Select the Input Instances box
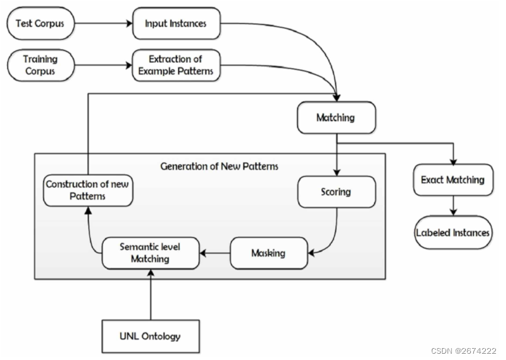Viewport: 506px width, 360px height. [x=176, y=25]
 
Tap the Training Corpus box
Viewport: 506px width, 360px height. [x=40, y=65]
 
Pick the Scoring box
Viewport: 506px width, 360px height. [x=336, y=192]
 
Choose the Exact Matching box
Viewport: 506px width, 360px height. [x=453, y=180]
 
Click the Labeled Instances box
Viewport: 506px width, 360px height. [x=453, y=232]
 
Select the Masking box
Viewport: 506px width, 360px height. [x=268, y=253]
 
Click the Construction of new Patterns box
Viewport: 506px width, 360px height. [x=88, y=190]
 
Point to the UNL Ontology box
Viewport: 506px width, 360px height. [x=150, y=335]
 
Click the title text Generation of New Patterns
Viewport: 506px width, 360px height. [x=219, y=166]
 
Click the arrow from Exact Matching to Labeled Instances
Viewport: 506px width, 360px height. [x=453, y=205]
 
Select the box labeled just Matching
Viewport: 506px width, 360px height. [x=336, y=117]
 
